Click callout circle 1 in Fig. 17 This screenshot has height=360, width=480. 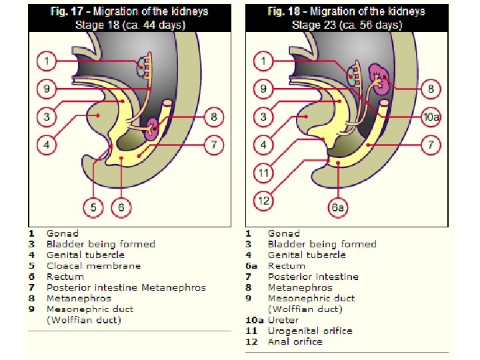pos(47,63)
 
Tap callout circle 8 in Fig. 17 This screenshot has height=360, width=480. pos(213,118)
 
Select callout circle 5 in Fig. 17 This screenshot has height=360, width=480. pos(93,208)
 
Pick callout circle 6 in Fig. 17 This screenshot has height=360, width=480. pos(121,208)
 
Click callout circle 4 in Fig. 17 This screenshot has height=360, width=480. pos(47,145)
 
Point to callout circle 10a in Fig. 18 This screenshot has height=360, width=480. pos(431,118)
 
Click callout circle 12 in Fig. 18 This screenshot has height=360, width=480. pos(264,199)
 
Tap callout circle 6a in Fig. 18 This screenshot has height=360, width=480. pos(339,208)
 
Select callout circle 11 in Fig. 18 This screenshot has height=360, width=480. pos(264,173)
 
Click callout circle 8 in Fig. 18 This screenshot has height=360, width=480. pos(431,88)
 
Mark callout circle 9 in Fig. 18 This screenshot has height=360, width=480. pos(264,88)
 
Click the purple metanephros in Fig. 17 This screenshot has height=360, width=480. pos(153,127)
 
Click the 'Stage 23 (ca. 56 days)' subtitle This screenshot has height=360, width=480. pos(347,25)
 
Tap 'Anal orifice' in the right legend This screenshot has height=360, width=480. pos(295,341)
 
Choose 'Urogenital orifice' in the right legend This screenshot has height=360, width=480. pos(309,331)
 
